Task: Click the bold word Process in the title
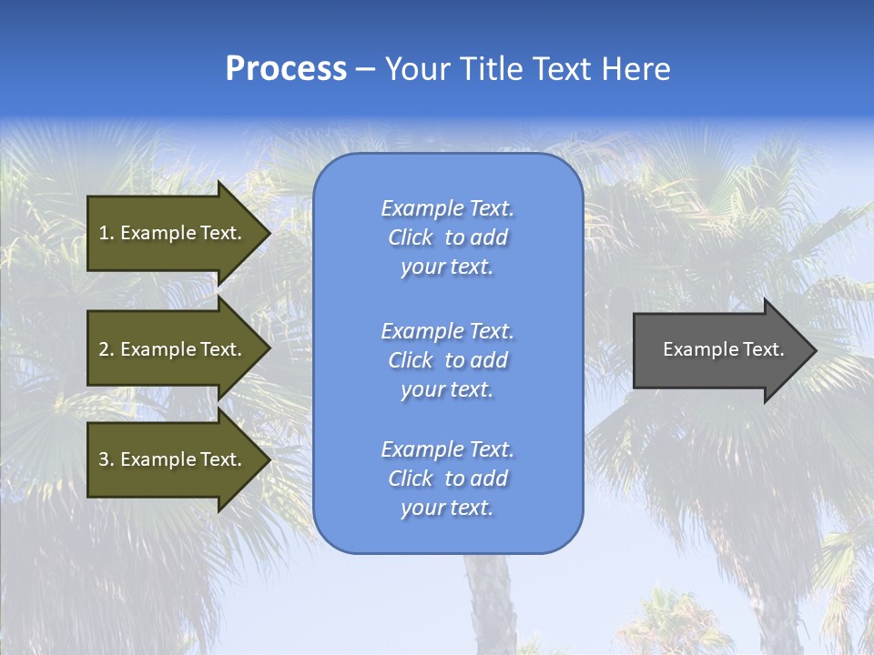point(286,69)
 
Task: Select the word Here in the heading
point(636,69)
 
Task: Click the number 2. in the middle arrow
point(107,349)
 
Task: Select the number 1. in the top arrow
point(107,233)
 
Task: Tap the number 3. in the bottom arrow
point(107,459)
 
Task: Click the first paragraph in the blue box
point(447,237)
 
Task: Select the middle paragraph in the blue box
point(447,360)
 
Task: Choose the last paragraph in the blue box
point(447,479)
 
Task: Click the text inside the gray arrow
point(723,349)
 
